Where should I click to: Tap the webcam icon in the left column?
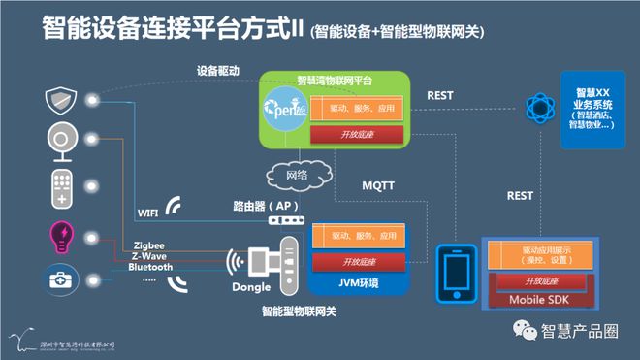point(60,143)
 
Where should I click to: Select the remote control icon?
point(60,187)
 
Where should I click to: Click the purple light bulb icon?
point(60,236)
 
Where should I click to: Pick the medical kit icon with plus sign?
point(60,282)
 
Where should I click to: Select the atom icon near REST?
point(536,108)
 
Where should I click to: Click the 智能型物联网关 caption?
point(300,312)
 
